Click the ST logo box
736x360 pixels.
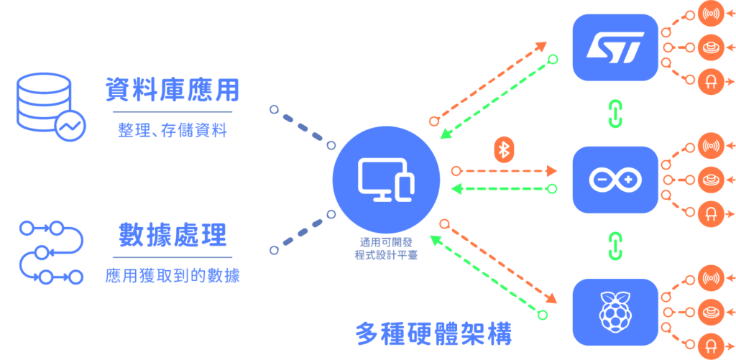tap(615, 47)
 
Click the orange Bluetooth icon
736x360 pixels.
tap(505, 149)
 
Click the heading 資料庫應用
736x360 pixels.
tap(172, 91)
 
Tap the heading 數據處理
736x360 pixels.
tap(172, 235)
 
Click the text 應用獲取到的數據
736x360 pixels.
tap(172, 275)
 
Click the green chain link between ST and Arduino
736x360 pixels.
tap(615, 113)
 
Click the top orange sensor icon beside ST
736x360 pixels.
tap(710, 14)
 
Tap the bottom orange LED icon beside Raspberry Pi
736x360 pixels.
tap(710, 346)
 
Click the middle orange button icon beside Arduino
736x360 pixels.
tap(710, 180)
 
